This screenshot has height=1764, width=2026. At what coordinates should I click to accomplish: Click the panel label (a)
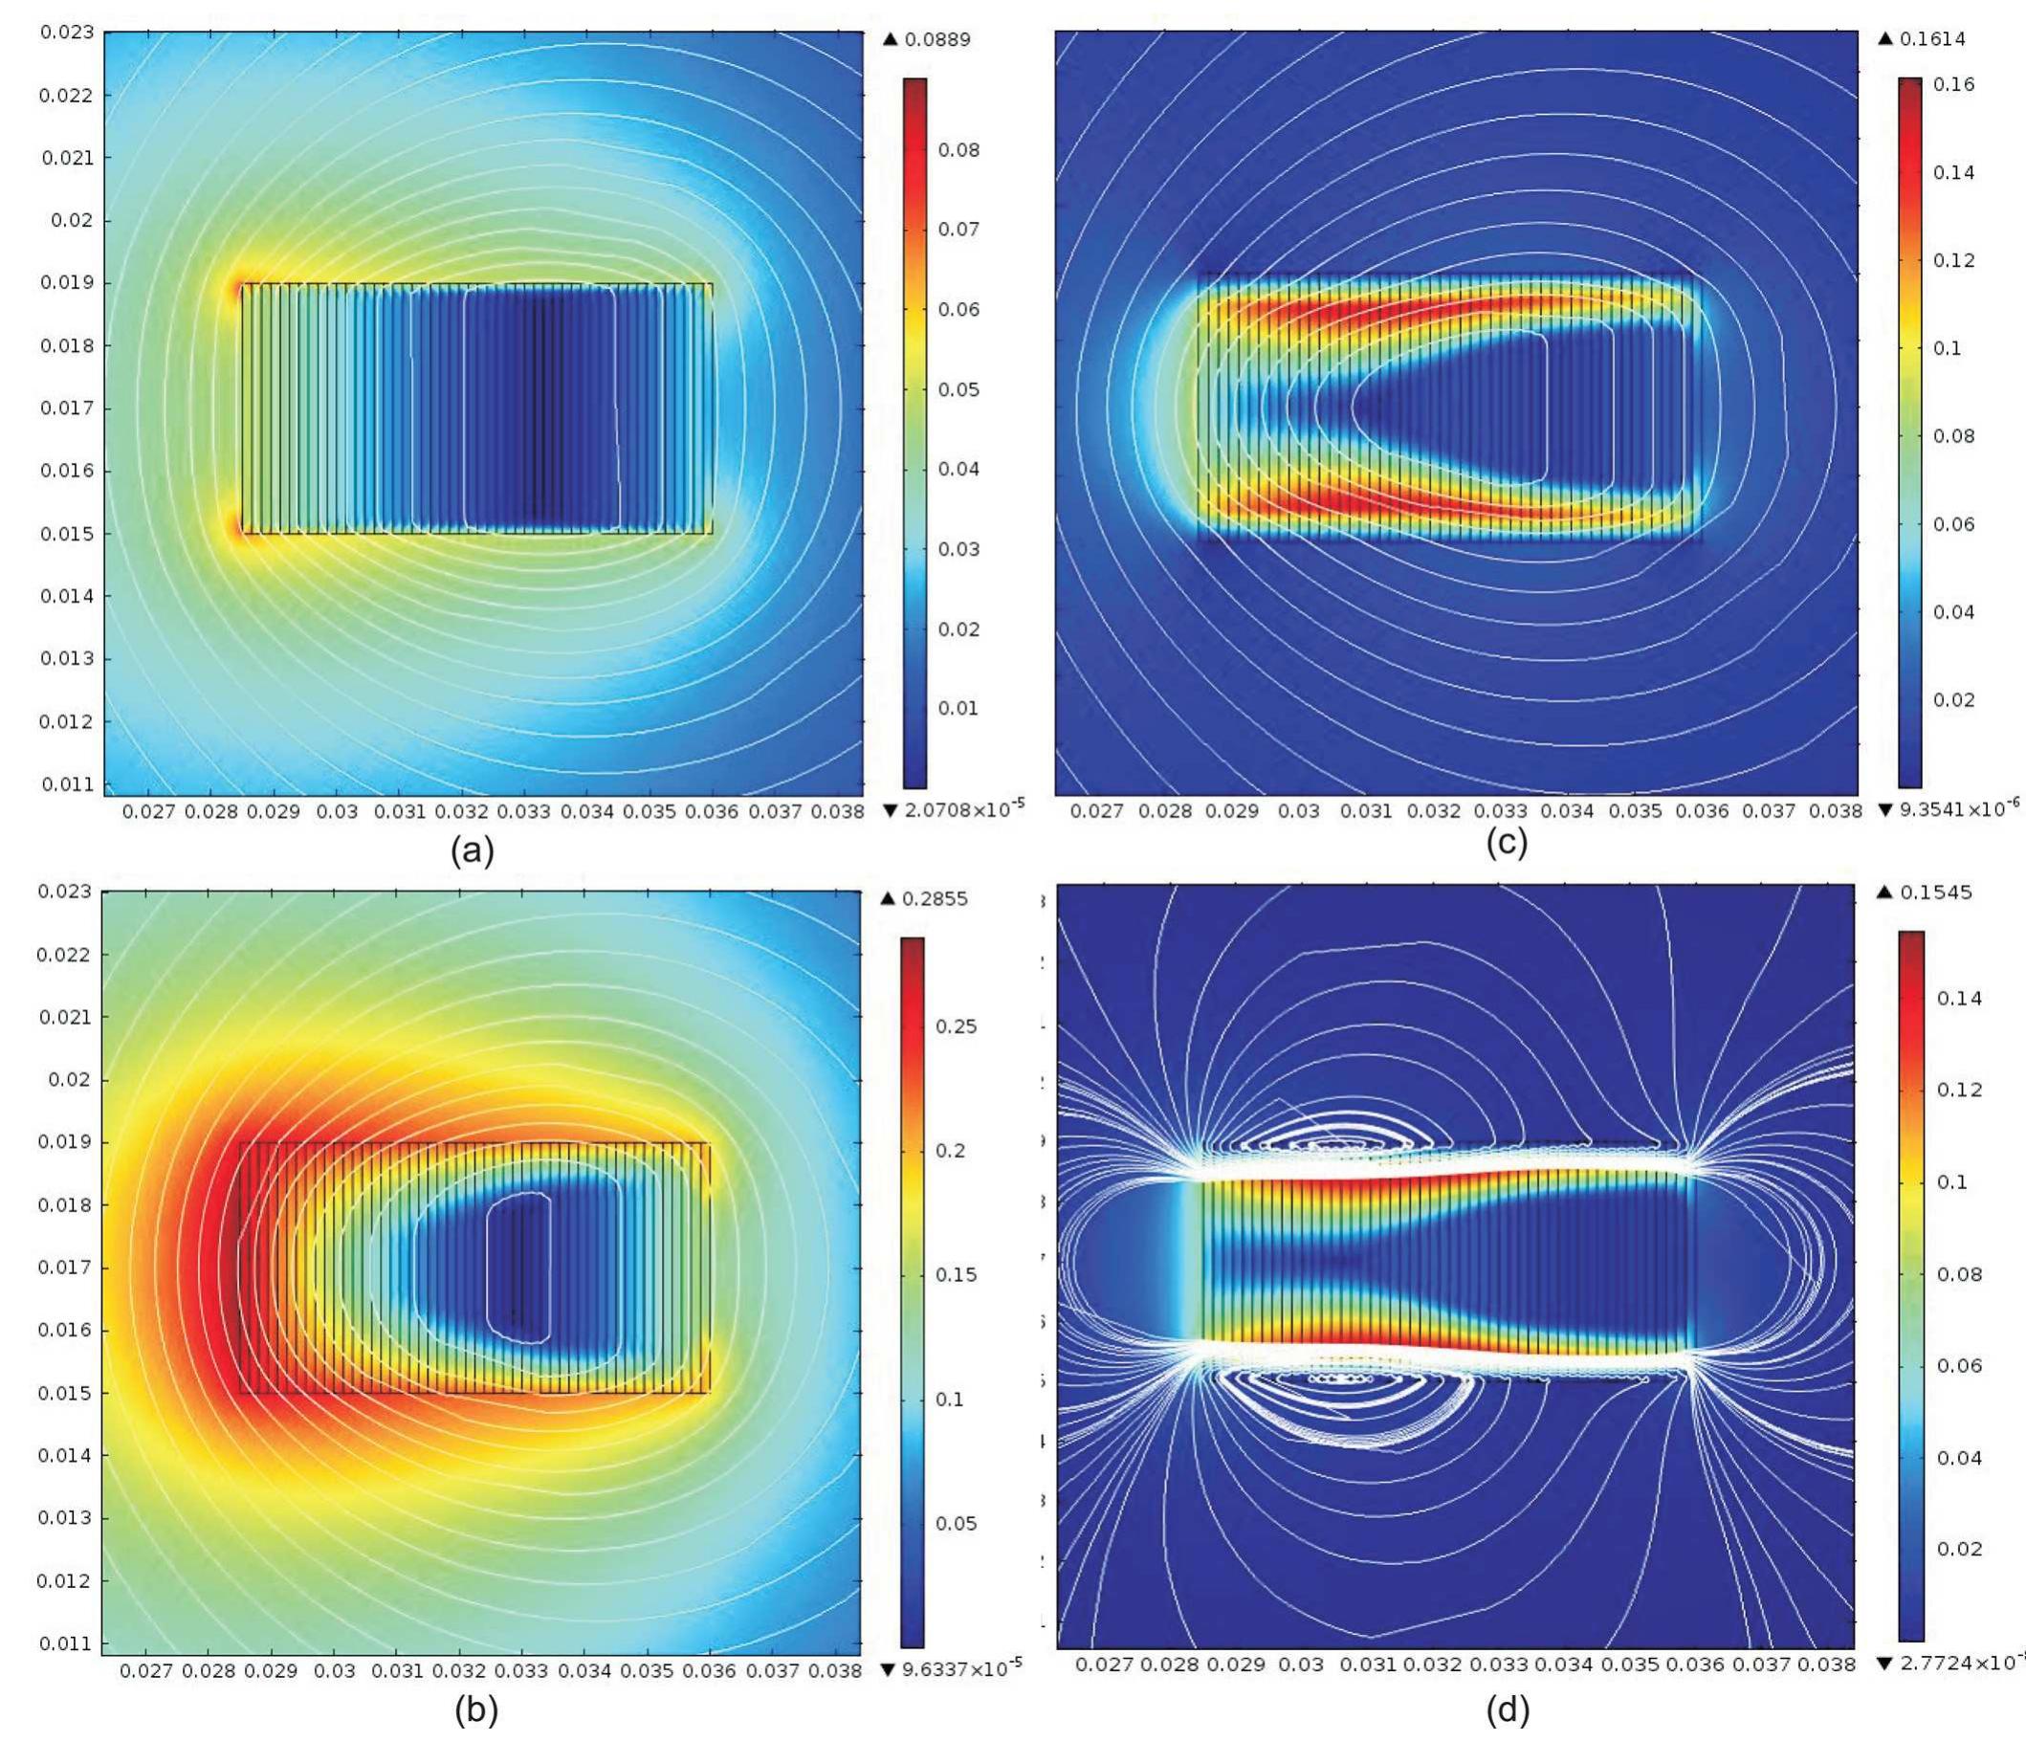click(x=472, y=849)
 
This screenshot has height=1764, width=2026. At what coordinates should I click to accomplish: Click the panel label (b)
click(x=475, y=1710)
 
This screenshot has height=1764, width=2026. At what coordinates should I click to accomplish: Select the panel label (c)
click(x=1508, y=842)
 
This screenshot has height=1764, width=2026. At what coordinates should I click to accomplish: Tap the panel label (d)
click(x=1508, y=1710)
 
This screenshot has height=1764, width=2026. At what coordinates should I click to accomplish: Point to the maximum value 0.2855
click(x=935, y=898)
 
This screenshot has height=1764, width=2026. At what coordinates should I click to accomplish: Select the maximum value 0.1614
click(x=1932, y=39)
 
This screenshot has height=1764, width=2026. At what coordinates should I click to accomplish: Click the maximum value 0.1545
click(x=1932, y=893)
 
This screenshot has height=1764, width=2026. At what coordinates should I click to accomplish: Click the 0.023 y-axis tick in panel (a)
click(x=67, y=33)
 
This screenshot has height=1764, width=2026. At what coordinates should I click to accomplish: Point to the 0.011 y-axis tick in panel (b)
click(x=66, y=1643)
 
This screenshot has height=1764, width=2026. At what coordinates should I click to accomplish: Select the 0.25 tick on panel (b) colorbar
click(x=956, y=1026)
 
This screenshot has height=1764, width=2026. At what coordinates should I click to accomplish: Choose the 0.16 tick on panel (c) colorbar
click(x=1953, y=84)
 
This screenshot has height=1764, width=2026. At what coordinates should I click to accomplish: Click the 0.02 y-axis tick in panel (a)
click(x=72, y=220)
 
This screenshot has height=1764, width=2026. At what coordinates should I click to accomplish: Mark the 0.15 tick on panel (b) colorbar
click(x=956, y=1275)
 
